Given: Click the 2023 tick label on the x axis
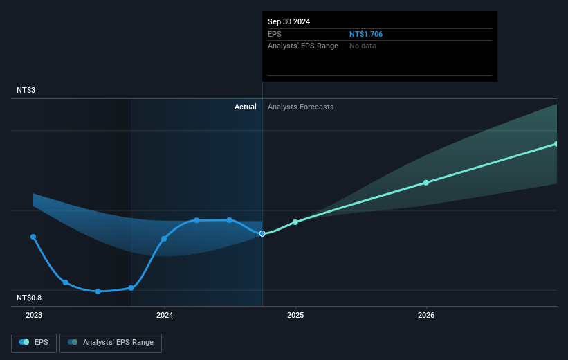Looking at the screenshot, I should point(34,315).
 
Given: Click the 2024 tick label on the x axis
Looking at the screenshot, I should point(165,315).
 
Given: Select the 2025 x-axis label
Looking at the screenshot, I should point(295,315).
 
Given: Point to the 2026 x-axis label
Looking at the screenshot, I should point(426,315).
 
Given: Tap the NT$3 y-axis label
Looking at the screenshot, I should point(27,91).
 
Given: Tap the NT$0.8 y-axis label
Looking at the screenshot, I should point(30,298).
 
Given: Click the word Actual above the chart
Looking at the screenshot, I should point(245,107).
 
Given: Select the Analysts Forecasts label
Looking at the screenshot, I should point(300,107).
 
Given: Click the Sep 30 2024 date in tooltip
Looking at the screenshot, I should point(289,21).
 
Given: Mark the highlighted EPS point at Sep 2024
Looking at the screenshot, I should point(262,233).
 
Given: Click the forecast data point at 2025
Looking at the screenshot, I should point(295,222).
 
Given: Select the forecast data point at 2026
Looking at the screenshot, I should point(426,183).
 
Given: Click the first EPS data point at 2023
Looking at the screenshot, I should point(33,237).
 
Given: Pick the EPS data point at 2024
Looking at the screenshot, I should point(165,239).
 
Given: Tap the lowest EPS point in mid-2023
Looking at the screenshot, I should point(98,291).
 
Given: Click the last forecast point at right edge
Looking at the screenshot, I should point(556,144).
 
